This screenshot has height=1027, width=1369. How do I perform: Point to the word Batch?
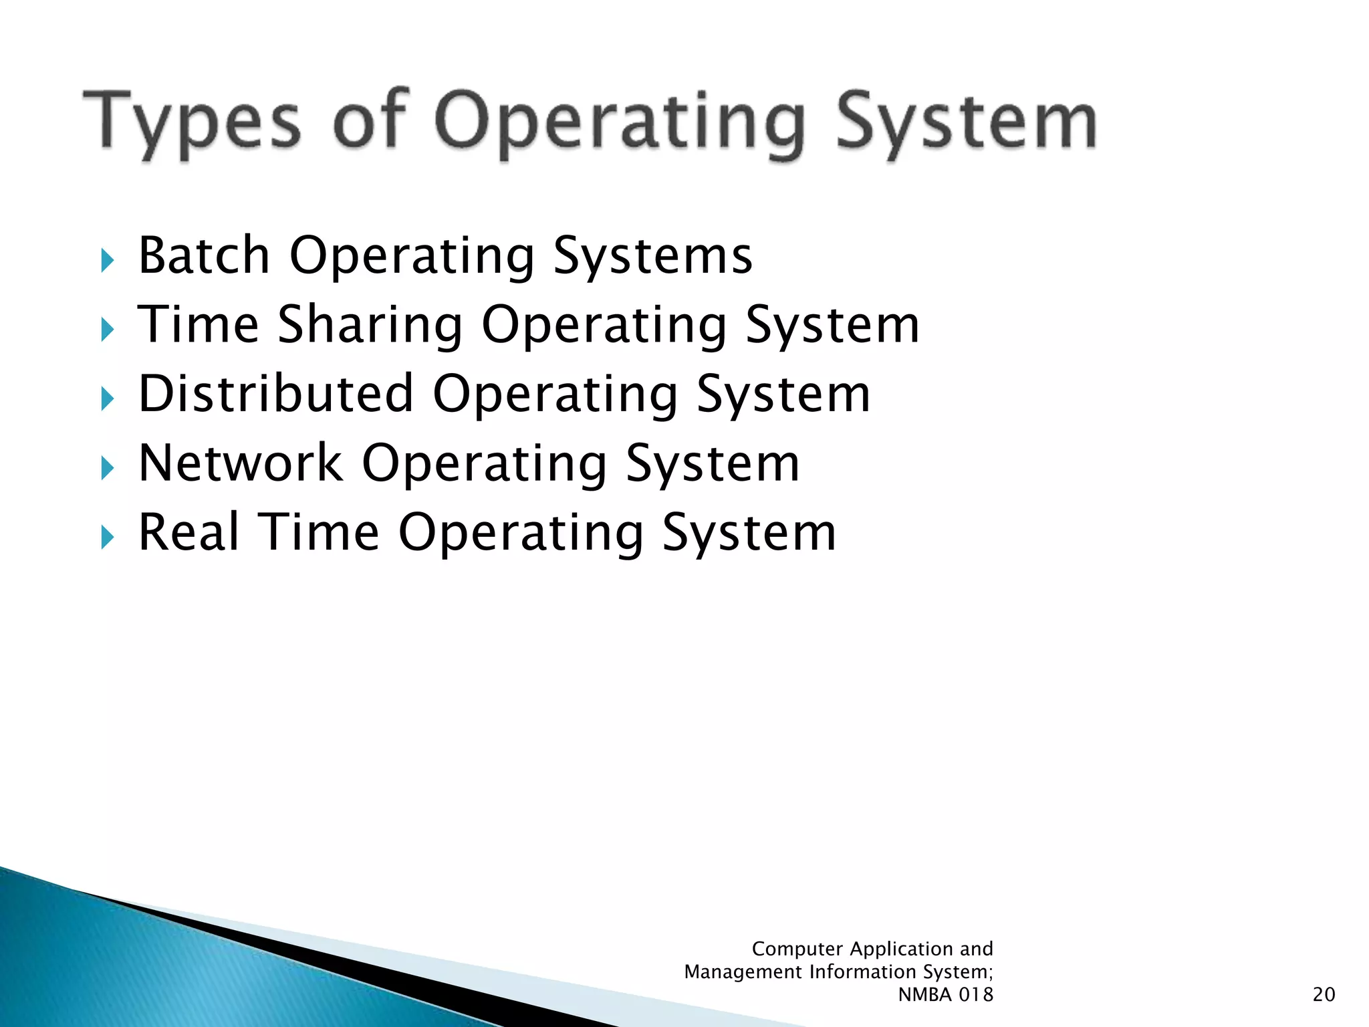[204, 255]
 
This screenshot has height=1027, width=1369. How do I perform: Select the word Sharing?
[370, 326]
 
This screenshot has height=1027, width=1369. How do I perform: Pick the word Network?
[241, 463]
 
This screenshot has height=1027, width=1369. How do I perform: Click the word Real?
[189, 532]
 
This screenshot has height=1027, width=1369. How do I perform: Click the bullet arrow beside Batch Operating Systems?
[108, 260]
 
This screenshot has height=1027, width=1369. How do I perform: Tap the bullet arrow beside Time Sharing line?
[108, 330]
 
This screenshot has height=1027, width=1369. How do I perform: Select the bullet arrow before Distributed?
[108, 399]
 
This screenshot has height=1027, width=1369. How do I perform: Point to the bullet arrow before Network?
[108, 468]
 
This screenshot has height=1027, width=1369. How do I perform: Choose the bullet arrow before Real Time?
[108, 537]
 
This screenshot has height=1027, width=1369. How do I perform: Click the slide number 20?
[1324, 995]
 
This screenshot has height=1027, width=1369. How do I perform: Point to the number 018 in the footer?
[977, 995]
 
